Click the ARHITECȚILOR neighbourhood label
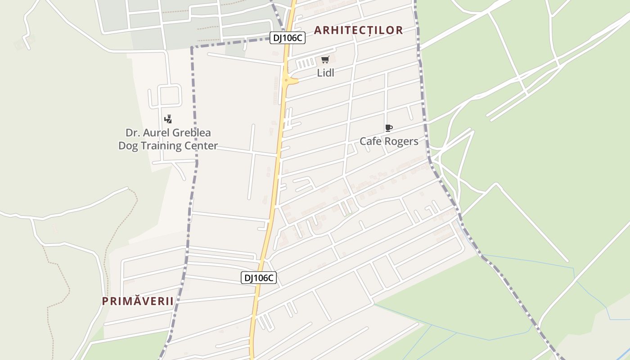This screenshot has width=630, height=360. pos(358,30)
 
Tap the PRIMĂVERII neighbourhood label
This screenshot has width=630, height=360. pos(138,301)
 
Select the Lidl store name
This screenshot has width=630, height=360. pos(326,73)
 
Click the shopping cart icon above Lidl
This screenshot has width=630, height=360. pos(325,60)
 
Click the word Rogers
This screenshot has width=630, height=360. pos(401,142)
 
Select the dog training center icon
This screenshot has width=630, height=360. pos(168,119)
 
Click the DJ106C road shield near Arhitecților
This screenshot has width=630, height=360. pos(288,38)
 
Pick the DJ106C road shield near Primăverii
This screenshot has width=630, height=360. pos(259,278)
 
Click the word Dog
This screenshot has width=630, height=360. pos(127,146)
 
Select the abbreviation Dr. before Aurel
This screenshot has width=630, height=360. pos(131,133)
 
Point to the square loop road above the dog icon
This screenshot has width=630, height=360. pos(169,95)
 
